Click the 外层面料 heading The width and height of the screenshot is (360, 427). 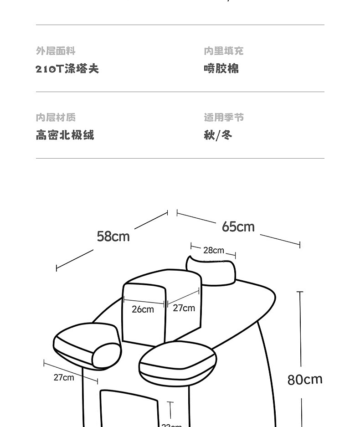56,51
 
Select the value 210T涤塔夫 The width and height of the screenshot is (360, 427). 67,69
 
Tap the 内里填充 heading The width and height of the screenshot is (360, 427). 223,51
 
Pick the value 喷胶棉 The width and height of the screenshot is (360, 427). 221,69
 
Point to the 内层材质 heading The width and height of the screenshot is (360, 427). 56,118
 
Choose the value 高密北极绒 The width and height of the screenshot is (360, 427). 65,135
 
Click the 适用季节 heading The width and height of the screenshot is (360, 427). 223,118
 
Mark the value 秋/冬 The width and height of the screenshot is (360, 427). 218,135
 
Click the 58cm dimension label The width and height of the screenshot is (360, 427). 113,237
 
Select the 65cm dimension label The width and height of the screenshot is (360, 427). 238,226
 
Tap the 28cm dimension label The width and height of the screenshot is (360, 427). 214,250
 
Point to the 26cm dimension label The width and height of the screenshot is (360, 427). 143,309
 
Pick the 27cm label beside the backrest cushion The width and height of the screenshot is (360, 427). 184,308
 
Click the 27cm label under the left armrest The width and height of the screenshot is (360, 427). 63,377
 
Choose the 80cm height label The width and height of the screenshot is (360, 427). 305,379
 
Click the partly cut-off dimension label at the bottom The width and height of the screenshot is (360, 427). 171,425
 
